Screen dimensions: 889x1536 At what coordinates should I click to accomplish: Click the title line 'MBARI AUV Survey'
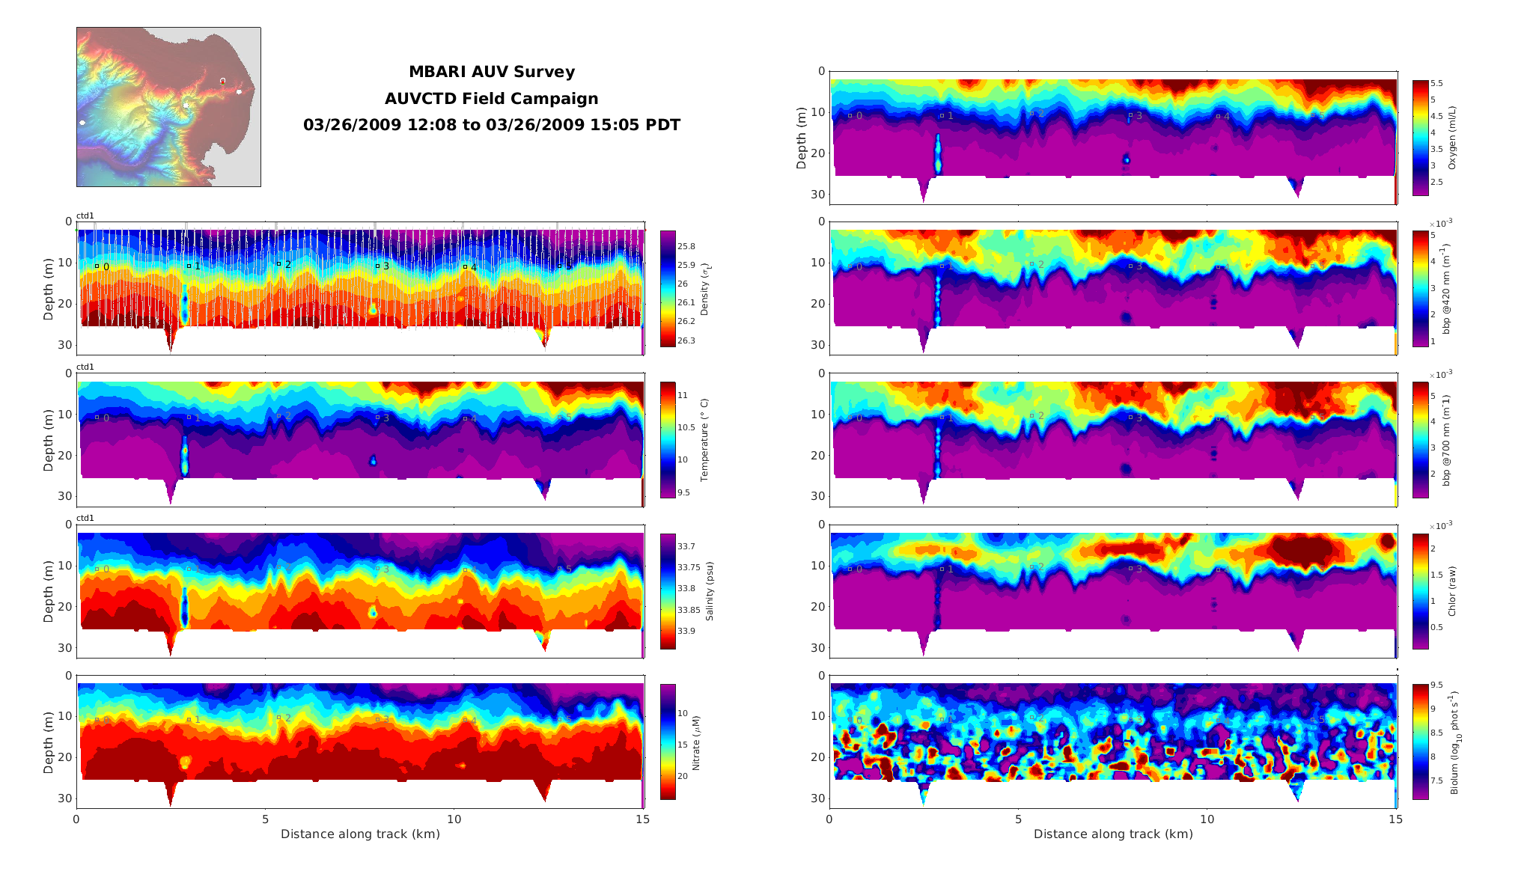[x=491, y=72]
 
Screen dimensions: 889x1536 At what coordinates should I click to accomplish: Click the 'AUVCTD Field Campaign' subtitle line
[x=491, y=99]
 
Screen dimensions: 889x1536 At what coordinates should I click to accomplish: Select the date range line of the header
[x=491, y=125]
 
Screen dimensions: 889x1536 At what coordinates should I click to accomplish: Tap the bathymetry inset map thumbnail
[x=168, y=107]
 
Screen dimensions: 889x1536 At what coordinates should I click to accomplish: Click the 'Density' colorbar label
[x=704, y=289]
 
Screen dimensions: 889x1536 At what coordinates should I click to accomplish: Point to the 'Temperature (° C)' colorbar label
[x=704, y=440]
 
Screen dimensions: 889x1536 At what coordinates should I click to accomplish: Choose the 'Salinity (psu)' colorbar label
[x=710, y=591]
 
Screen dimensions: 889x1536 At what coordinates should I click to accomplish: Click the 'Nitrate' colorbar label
[x=696, y=742]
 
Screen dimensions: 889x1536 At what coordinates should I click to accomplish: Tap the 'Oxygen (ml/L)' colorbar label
[x=1452, y=138]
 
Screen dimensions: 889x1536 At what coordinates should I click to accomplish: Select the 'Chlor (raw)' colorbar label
[x=1452, y=591]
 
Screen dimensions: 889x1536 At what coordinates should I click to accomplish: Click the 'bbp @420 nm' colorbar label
[x=1446, y=289]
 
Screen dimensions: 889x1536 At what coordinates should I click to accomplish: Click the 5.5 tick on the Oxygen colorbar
[x=1437, y=84]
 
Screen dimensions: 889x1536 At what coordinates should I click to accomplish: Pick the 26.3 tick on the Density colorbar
[x=686, y=340]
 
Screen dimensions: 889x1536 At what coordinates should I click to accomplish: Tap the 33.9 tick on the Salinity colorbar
[x=686, y=631]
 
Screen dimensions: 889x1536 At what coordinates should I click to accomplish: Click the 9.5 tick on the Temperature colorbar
[x=684, y=492]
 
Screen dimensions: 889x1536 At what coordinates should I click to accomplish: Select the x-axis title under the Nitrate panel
[x=360, y=834]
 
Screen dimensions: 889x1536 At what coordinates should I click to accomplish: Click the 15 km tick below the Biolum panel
[x=1395, y=819]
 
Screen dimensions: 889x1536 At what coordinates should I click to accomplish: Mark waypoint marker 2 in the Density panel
[x=278, y=263]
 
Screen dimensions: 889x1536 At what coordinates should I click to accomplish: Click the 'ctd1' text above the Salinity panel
[x=85, y=518]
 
